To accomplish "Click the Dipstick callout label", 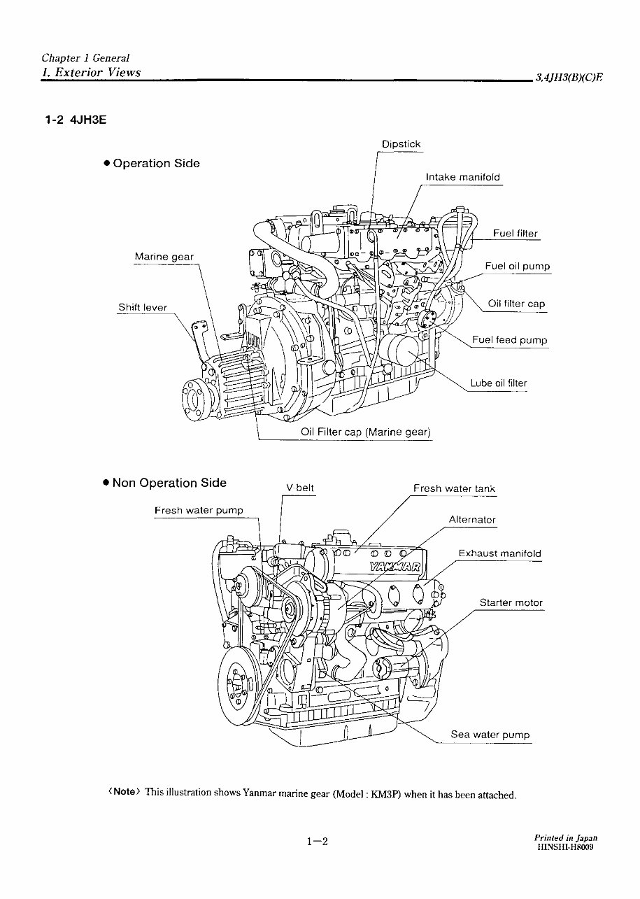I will click(x=401, y=144).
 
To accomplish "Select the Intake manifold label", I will click(x=462, y=177).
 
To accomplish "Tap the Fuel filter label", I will click(x=515, y=234).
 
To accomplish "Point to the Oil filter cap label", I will click(x=515, y=304).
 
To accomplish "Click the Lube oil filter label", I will click(x=498, y=383).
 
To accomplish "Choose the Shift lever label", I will click(x=143, y=307).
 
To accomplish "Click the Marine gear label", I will click(x=164, y=257).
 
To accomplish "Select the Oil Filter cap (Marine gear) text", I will click(x=365, y=432).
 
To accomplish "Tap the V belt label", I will click(x=300, y=488).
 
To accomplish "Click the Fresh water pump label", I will click(x=199, y=511).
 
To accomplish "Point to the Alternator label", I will click(x=472, y=520).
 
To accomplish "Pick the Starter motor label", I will click(x=511, y=602).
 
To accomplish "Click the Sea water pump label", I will click(x=490, y=735).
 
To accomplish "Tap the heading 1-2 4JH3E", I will click(x=76, y=120).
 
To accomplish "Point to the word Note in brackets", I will click(x=125, y=791).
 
